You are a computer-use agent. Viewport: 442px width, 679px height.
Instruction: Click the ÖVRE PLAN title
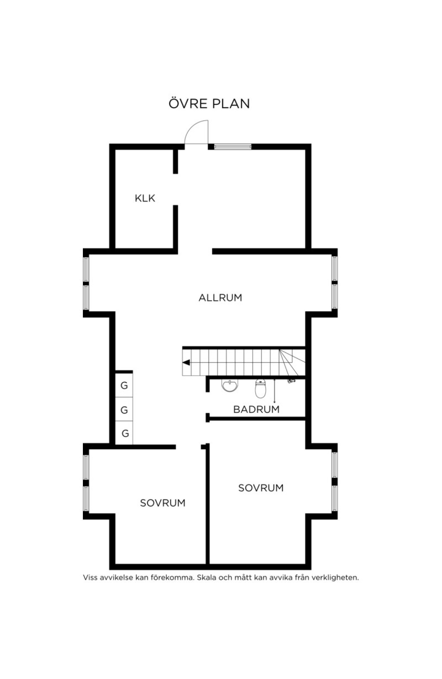click(209, 103)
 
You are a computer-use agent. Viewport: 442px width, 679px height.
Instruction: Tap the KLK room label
click(145, 198)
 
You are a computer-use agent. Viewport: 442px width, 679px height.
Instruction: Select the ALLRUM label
click(220, 297)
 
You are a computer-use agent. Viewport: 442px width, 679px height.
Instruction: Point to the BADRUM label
click(256, 409)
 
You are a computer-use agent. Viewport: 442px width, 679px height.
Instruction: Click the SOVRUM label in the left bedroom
click(162, 503)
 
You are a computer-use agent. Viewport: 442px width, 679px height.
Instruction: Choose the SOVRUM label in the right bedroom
click(261, 488)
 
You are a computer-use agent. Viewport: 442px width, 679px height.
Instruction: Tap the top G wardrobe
click(124, 385)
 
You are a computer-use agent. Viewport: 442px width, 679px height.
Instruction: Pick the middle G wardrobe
click(124, 409)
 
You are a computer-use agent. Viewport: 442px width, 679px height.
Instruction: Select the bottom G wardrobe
click(124, 433)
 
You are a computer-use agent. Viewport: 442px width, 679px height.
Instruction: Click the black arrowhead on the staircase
click(186, 363)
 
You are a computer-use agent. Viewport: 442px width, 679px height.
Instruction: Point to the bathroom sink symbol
click(230, 386)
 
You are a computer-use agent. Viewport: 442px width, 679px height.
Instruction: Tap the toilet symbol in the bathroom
click(261, 389)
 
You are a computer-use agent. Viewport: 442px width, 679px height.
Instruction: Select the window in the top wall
click(233, 147)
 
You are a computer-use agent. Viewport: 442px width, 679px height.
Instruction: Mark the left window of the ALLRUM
click(86, 283)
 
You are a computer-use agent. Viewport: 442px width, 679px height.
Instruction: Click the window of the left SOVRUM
click(86, 483)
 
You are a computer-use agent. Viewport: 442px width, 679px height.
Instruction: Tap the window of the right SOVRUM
click(334, 481)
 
